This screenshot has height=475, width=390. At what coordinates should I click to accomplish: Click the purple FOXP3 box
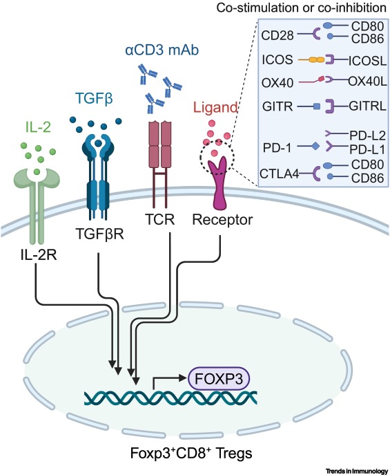coord(219,378)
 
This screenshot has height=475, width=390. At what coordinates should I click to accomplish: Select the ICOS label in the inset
coord(276,60)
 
